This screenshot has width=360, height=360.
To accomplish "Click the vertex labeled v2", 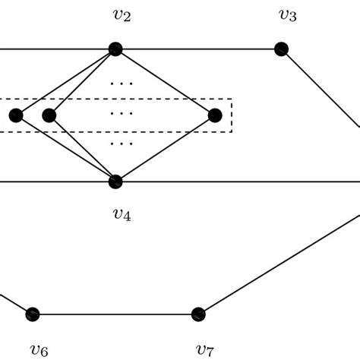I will tap(115, 49).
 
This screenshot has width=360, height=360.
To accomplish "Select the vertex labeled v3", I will tap(281, 49).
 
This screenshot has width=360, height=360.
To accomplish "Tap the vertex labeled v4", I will tap(115, 182).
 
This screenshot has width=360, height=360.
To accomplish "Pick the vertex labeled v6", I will tap(32, 314).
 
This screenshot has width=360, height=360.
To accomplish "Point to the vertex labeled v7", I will tap(198, 314).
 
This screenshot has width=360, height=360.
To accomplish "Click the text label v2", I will tap(122, 15).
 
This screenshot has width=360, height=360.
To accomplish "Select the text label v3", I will tap(288, 15).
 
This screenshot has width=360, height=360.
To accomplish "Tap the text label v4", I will tap(122, 215).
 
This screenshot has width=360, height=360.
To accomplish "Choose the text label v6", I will tap(39, 349).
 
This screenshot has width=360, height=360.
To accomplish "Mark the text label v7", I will tap(204, 349).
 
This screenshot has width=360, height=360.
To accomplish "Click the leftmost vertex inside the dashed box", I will tap(16, 115).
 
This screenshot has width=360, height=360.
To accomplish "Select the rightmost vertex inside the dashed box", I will tap(215, 115).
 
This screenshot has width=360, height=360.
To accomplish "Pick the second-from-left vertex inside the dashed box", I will tap(49, 115).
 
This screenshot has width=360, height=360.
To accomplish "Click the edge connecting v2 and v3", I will tap(197, 49).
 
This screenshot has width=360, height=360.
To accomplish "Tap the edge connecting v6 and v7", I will tap(114, 314).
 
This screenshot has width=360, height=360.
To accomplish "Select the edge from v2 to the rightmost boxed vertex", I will tap(166, 83).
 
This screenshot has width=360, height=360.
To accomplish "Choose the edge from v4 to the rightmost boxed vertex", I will tap(166, 148).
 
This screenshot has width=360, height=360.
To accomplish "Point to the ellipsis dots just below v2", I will tap(122, 83).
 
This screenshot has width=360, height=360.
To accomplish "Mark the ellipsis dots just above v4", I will tap(122, 143).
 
